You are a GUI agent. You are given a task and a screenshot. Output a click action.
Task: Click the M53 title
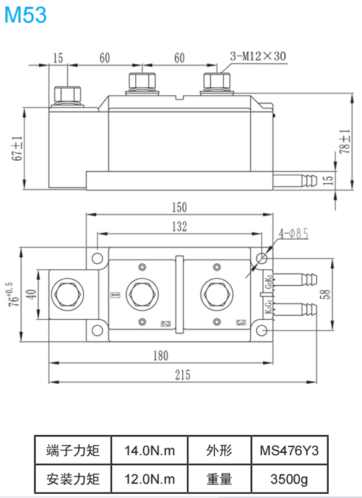(x=25, y=14)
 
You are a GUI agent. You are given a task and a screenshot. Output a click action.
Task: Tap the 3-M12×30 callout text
(x=258, y=57)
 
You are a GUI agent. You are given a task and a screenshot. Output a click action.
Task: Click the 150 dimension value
(x=179, y=207)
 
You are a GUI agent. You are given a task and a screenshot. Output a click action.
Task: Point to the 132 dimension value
(x=179, y=226)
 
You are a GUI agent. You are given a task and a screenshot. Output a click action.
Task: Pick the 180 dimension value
(x=160, y=355)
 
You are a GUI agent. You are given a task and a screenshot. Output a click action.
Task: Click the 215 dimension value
(x=182, y=375)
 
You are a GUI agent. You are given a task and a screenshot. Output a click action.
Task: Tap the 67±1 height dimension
(x=17, y=148)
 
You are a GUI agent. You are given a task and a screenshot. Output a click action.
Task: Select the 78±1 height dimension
(x=345, y=142)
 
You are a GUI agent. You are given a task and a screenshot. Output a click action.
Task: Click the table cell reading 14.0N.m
(x=150, y=450)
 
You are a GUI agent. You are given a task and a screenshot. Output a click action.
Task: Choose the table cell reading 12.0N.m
(x=150, y=479)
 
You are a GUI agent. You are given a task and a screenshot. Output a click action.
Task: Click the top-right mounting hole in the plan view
(x=261, y=258)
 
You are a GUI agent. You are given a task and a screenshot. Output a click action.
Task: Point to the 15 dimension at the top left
(x=58, y=58)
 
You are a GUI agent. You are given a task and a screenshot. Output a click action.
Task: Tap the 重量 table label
(x=219, y=479)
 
